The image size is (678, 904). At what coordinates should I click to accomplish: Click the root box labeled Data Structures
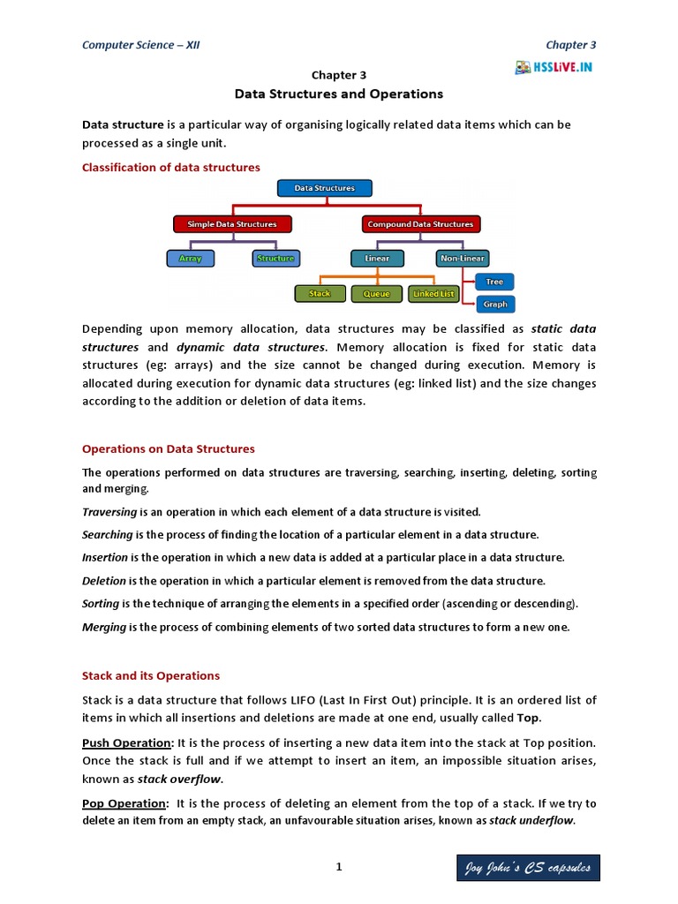(324, 188)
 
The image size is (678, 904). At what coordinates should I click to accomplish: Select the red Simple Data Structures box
(232, 224)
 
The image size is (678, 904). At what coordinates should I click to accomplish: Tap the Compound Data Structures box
(421, 224)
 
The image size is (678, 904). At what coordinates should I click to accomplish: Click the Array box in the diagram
(190, 259)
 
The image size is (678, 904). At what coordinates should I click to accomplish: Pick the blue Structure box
(275, 259)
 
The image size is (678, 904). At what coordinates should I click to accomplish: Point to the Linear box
(377, 259)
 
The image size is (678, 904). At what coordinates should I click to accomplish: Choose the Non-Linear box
(462, 259)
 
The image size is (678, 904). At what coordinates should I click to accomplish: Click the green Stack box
(320, 293)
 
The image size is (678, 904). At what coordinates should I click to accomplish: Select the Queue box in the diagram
(376, 293)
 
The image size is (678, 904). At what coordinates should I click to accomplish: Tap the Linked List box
(433, 293)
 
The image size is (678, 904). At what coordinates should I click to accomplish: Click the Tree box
(494, 282)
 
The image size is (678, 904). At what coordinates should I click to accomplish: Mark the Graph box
(494, 305)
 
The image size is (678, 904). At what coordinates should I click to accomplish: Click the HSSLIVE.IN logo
(555, 67)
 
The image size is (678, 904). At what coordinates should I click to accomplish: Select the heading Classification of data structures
(171, 167)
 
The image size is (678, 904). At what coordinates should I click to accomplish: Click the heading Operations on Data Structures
(168, 448)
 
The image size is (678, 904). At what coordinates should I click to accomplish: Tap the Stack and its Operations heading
(151, 675)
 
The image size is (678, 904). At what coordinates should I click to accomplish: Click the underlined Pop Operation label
(124, 803)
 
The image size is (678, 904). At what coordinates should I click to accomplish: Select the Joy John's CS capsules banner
(528, 869)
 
